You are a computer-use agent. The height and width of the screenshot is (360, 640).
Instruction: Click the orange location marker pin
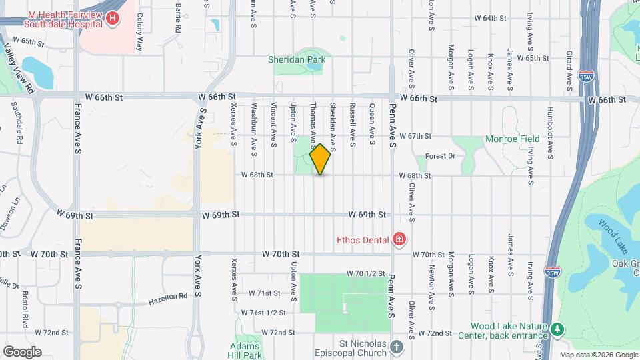tap(320, 159)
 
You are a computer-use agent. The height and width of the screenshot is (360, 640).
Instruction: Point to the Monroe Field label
tap(512, 139)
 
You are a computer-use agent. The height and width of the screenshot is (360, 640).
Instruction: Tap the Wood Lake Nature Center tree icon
tap(556, 330)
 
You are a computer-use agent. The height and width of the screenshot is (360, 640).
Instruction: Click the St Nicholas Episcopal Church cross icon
tap(397, 347)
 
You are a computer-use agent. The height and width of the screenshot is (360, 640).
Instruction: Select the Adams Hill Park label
tap(244, 351)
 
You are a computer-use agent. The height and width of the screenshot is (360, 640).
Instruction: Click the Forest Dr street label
tap(441, 156)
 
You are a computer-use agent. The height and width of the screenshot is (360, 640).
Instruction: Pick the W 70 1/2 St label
tap(366, 274)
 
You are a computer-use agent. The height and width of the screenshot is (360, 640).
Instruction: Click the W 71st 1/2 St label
tap(263, 313)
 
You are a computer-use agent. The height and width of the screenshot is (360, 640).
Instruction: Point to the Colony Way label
tap(140, 33)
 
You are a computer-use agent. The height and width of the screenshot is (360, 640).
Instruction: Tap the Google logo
tap(22, 351)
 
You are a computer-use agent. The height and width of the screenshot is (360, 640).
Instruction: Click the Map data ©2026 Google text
tap(599, 355)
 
